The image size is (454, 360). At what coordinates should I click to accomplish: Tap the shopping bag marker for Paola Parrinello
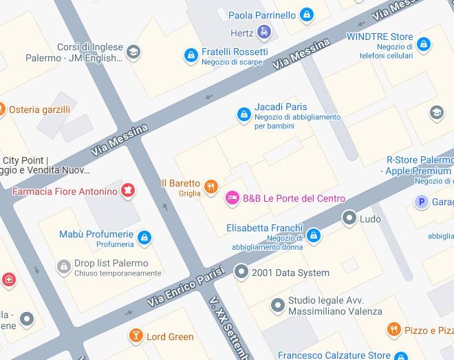(x=307, y=14)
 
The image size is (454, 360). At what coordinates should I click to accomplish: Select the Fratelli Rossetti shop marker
(x=191, y=55)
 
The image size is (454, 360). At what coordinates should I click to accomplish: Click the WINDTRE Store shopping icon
(x=424, y=45)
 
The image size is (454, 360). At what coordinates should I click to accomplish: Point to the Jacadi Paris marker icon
(x=244, y=114)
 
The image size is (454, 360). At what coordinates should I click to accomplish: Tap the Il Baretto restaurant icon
(x=211, y=185)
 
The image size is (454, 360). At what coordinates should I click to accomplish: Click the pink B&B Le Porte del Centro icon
(x=233, y=199)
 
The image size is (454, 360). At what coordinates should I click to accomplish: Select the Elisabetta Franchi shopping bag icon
(x=314, y=236)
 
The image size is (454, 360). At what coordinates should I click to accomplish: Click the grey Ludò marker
(x=349, y=218)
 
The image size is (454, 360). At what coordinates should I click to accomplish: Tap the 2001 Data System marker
(x=241, y=272)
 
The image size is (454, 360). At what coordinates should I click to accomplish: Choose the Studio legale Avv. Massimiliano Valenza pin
(x=277, y=304)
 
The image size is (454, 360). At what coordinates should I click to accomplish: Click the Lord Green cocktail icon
(x=136, y=336)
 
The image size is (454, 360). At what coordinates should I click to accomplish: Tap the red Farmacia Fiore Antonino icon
(x=128, y=191)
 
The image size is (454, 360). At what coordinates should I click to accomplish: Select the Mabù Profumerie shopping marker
(x=144, y=238)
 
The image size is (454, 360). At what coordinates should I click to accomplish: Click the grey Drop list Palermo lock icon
(x=64, y=266)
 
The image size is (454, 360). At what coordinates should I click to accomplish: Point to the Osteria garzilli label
(x=39, y=109)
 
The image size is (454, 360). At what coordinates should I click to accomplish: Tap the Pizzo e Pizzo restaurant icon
(x=393, y=330)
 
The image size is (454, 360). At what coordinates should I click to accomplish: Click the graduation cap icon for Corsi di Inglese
(x=133, y=52)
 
